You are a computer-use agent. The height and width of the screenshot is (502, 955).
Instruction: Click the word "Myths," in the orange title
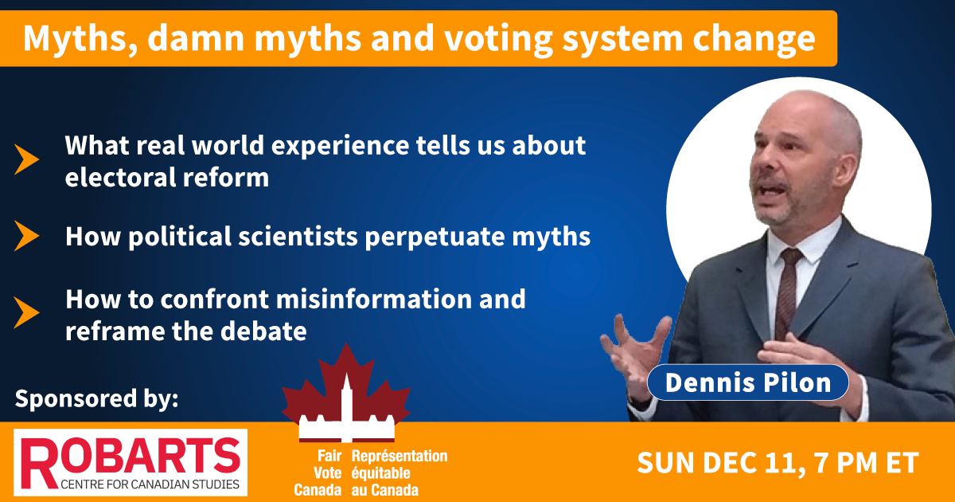coord(80,39)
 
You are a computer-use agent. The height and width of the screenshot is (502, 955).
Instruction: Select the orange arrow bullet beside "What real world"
coord(26,159)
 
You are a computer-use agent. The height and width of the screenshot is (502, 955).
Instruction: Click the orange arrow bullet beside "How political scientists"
coord(26,236)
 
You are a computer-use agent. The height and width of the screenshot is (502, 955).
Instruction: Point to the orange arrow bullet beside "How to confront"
coord(26,312)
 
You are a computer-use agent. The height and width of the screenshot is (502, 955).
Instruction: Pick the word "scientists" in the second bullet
coord(298,236)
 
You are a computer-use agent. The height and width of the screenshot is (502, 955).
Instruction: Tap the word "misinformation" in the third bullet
coord(373,299)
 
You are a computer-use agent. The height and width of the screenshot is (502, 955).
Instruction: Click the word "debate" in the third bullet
coord(263,331)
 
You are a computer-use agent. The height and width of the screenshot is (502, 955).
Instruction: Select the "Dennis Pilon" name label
coord(748,382)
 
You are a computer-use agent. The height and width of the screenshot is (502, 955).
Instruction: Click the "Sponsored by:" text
coord(96,399)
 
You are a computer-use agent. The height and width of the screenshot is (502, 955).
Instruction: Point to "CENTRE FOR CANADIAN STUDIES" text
coord(150,484)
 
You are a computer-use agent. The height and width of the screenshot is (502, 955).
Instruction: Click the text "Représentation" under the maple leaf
coord(400,456)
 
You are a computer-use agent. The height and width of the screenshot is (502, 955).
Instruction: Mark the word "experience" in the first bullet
coord(341,147)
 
